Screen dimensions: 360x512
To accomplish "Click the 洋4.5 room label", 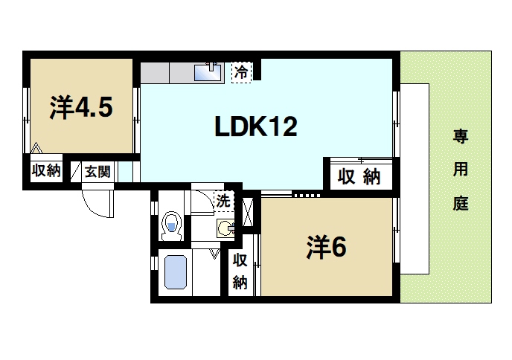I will pyautogui.click(x=81, y=109).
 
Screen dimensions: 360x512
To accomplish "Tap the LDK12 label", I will pyautogui.click(x=257, y=127).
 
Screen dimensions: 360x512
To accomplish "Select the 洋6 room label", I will pyautogui.click(x=325, y=248).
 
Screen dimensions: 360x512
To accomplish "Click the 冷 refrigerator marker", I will pyautogui.click(x=241, y=72).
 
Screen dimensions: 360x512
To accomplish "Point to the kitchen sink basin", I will pyautogui.click(x=205, y=73).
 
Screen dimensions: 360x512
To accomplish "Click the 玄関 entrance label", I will pyautogui.click(x=97, y=171).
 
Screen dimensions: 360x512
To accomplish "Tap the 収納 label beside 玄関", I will pyautogui.click(x=45, y=171).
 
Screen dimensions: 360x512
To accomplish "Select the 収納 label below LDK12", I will pyautogui.click(x=359, y=177).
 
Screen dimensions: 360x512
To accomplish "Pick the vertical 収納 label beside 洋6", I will pyautogui.click(x=240, y=271).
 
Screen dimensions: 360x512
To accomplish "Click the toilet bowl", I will pyautogui.click(x=172, y=225).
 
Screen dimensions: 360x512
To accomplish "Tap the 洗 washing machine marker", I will pyautogui.click(x=223, y=199).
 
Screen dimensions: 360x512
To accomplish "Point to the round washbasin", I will pyautogui.click(x=224, y=228).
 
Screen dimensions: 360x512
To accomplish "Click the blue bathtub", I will pyautogui.click(x=175, y=273).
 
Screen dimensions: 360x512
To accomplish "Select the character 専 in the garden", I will pyautogui.click(x=461, y=136).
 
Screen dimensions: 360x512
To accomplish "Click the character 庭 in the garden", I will pyautogui.click(x=461, y=204).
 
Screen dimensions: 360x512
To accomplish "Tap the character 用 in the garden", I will pyautogui.click(x=461, y=170).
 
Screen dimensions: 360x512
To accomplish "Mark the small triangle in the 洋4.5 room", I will pyautogui.click(x=36, y=147).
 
